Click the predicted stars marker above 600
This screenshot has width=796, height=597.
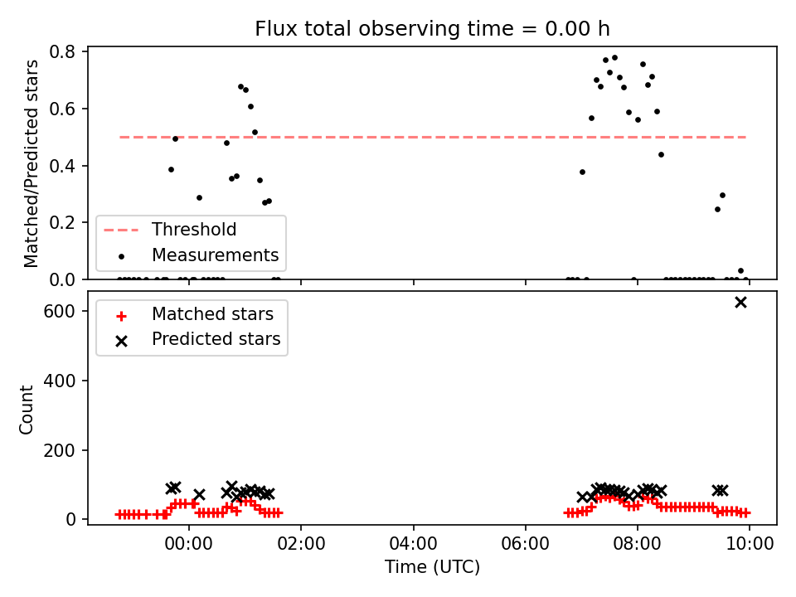pos(740,303)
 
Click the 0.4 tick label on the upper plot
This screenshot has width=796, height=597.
pos(62,166)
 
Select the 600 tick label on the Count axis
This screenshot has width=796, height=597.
pos(59,311)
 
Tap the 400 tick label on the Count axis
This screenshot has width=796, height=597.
pos(59,381)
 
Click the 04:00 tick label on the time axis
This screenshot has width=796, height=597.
pos(413,544)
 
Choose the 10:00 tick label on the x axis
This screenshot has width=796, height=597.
pos(750,544)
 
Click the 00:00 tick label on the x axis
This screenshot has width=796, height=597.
pos(189,544)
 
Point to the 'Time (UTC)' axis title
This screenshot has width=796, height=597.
pos(432,566)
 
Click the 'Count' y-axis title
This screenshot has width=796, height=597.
pos(27,410)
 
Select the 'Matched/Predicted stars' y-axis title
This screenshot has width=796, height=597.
pos(31,163)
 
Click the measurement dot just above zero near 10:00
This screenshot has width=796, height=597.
pos(740,270)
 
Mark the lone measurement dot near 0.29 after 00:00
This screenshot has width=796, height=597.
pos(199,197)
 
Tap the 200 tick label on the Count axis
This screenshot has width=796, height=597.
pos(59,450)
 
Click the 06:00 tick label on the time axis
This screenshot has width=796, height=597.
pos(526,544)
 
